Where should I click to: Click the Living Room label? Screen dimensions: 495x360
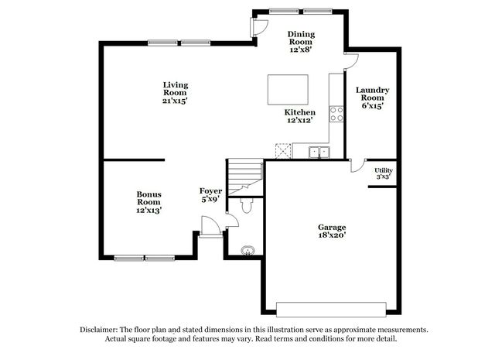(x=176, y=93)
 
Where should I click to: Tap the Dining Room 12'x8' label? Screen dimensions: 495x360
(x=301, y=42)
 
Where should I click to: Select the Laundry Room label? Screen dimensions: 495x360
(x=373, y=98)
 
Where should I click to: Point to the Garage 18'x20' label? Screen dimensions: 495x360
(x=332, y=231)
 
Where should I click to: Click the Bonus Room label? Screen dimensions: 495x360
(x=148, y=202)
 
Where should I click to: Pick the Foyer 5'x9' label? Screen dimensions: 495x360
(x=210, y=195)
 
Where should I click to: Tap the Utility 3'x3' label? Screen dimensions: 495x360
(x=384, y=173)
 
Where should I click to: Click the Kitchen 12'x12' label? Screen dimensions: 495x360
(x=299, y=116)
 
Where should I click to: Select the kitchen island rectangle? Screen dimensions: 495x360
(x=288, y=90)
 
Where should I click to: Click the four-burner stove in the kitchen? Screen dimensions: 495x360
(x=336, y=114)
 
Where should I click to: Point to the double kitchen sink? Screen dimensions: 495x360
(x=319, y=153)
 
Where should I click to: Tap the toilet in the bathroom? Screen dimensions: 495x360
(x=246, y=205)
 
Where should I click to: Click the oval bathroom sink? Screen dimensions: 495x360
(x=247, y=251)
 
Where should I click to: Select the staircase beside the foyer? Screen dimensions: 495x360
(x=245, y=177)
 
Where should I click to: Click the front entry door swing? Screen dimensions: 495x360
(x=211, y=225)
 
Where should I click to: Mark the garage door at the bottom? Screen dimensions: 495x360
(x=331, y=310)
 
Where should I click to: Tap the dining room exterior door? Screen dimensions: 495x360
(x=259, y=27)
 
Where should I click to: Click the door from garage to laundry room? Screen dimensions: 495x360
(x=357, y=166)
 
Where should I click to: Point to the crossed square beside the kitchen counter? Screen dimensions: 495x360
(x=283, y=151)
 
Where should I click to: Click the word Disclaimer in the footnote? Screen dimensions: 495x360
(x=98, y=330)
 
